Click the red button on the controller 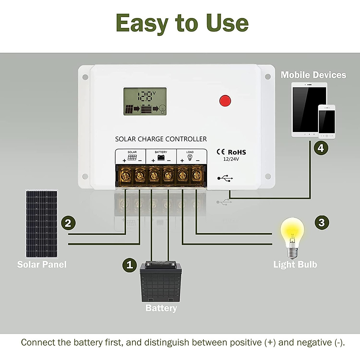[225, 100]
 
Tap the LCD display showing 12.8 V [145, 102]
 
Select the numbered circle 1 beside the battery [130, 265]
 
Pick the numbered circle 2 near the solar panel [68, 223]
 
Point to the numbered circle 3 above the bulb [322, 222]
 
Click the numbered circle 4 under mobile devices [321, 148]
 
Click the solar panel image [42, 223]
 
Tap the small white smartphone [327, 121]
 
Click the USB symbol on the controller [225, 178]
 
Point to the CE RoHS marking [231, 152]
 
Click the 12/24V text [231, 159]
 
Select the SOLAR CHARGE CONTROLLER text [161, 139]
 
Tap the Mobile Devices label [313, 75]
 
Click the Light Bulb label [295, 265]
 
